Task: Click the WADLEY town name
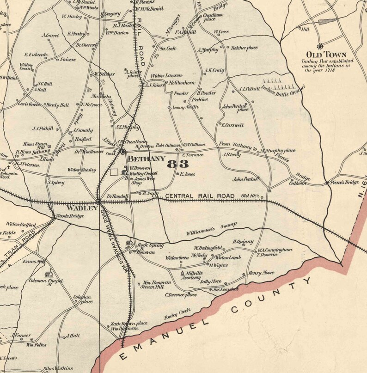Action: (82, 208)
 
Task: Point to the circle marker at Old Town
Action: (320, 45)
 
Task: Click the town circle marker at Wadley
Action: (98, 202)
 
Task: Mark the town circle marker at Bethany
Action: (123, 151)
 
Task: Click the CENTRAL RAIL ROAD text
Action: (200, 196)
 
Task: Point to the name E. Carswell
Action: (232, 125)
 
